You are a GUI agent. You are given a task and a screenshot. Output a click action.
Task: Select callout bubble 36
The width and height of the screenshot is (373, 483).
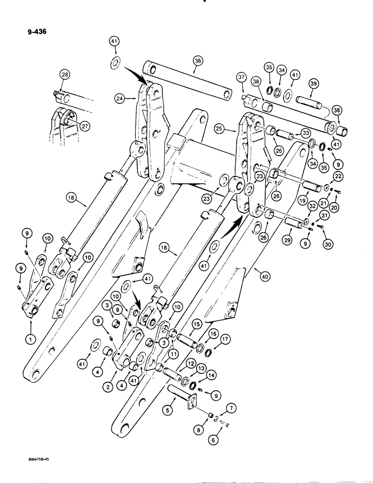click(197, 61)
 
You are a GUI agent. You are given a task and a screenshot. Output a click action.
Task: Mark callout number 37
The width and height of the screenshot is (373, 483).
click(241, 78)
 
